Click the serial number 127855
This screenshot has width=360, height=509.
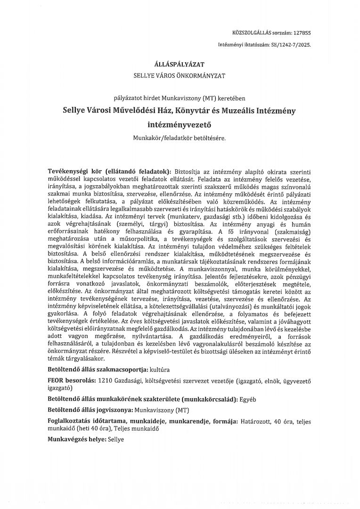[302, 33]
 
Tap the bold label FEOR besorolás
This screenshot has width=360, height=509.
[71, 380]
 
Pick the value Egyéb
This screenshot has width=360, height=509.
[248, 399]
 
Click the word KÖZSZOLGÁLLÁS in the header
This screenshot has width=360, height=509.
[252, 33]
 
